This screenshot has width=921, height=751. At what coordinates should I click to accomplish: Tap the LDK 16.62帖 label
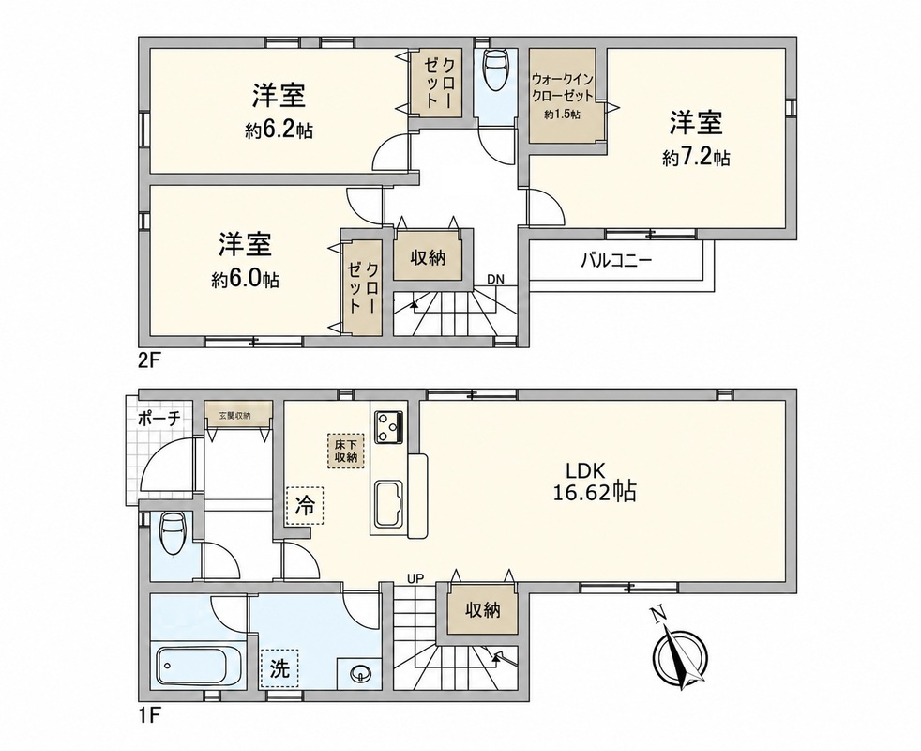click(x=594, y=482)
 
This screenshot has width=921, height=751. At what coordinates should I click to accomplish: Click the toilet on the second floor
click(x=495, y=69)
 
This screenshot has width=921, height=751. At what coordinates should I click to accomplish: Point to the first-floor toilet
click(x=174, y=532)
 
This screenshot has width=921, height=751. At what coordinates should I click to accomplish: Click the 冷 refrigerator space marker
click(x=305, y=506)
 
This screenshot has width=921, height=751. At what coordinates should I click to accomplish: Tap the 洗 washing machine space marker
click(x=279, y=668)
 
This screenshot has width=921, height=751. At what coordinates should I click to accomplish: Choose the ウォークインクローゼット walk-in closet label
click(x=562, y=87)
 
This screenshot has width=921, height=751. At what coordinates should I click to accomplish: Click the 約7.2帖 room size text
click(x=696, y=157)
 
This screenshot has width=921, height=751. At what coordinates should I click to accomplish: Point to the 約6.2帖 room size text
click(x=279, y=130)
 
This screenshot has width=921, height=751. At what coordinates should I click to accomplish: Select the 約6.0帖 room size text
click(x=245, y=279)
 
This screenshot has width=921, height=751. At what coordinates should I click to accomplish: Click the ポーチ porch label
click(x=159, y=419)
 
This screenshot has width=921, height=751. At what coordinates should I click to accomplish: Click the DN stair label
click(x=495, y=280)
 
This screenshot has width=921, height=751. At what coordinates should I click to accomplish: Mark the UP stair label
click(x=415, y=579)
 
